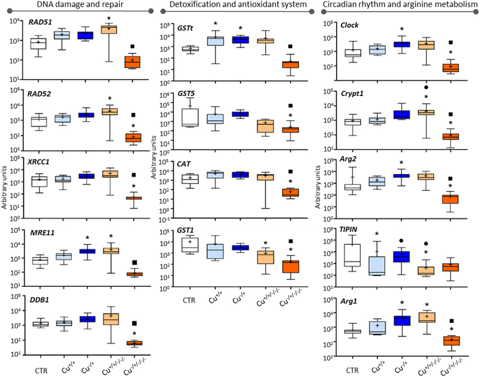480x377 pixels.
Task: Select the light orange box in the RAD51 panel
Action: click(111, 30)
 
